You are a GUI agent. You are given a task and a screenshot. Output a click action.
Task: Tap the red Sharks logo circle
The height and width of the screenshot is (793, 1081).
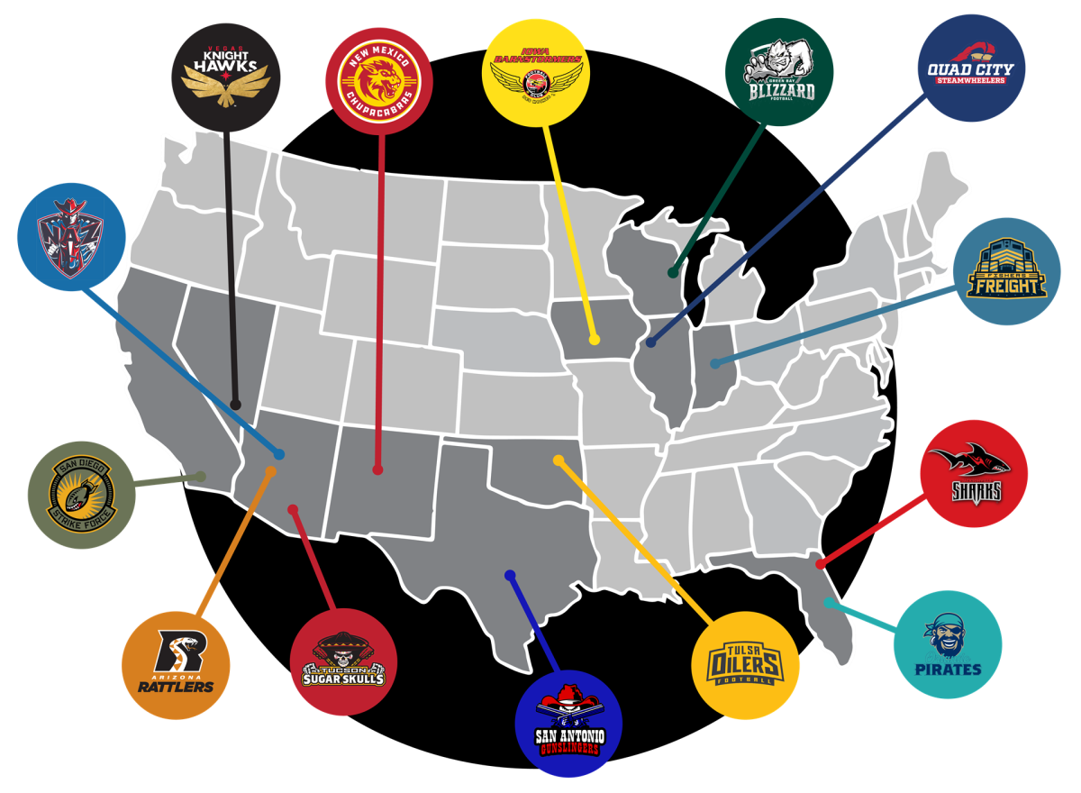[x=975, y=473]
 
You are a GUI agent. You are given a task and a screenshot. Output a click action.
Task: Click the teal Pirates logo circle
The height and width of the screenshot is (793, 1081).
[x=947, y=644]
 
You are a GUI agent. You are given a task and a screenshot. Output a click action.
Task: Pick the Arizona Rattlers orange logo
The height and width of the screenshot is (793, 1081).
[x=177, y=666]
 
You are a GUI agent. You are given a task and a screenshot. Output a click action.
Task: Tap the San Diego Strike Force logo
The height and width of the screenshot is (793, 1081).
[x=82, y=497]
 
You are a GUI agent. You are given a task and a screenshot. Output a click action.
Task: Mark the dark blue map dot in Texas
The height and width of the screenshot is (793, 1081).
[x=509, y=575]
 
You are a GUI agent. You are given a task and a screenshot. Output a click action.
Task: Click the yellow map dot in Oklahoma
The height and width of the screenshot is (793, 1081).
[x=559, y=461]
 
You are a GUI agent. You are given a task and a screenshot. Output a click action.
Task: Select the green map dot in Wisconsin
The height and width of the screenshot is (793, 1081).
[x=672, y=271]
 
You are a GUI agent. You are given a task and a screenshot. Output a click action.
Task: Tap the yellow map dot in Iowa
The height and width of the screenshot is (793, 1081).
[x=595, y=340]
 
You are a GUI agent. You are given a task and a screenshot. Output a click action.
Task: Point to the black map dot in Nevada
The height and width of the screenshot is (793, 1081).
[x=236, y=405]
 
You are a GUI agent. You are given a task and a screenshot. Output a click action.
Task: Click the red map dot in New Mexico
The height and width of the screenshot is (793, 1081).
[x=377, y=469]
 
